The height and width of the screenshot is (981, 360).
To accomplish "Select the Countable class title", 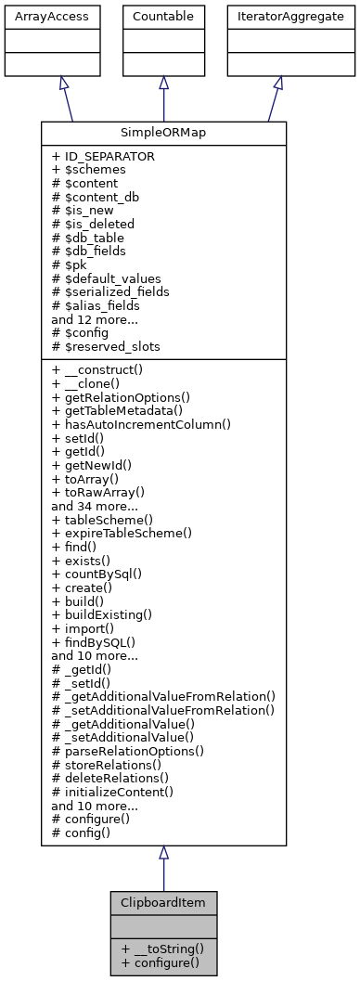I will coord(163,17).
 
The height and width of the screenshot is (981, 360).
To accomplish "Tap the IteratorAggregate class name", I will coord(277,17).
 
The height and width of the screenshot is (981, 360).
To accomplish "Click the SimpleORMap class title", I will coord(163,134).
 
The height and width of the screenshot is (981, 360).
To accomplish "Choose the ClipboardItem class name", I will coord(163,902).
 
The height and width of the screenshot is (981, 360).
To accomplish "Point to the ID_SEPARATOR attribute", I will coord(103,157).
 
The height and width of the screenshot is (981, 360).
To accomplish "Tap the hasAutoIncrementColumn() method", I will coord(141,423).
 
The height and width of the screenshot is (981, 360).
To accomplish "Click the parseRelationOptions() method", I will coord(128,749).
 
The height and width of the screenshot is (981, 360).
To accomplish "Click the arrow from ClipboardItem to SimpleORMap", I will coord(163,868).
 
